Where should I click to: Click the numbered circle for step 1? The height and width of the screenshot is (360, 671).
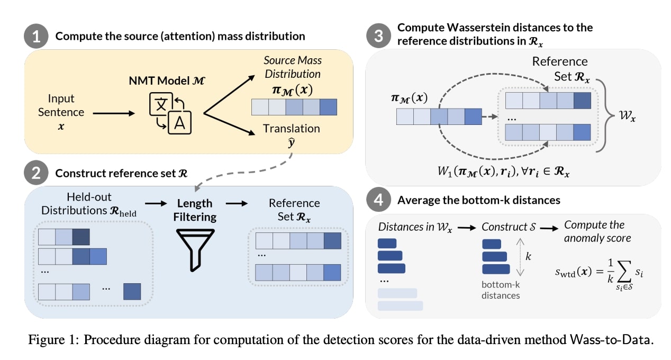coord(36,36)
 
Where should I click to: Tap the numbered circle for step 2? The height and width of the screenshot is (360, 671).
coord(36,174)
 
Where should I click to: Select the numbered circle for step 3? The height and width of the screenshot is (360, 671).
coord(378,36)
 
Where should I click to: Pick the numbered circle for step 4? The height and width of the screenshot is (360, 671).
coord(378,201)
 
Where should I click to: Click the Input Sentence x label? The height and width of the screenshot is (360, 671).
coord(61,112)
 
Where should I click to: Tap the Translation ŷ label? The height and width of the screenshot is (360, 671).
coord(292,134)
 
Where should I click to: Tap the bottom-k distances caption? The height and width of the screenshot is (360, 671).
coord(500,290)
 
